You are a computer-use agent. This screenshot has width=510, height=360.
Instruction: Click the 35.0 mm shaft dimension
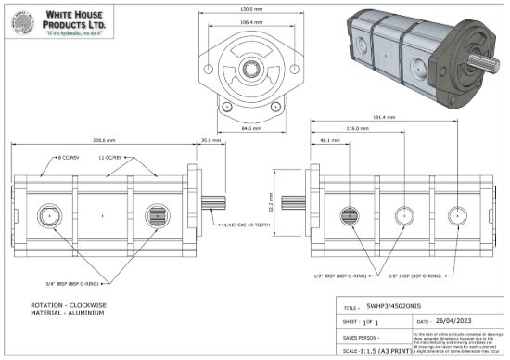click(210, 140)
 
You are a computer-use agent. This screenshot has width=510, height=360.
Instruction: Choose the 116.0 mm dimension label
click(353, 129)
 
